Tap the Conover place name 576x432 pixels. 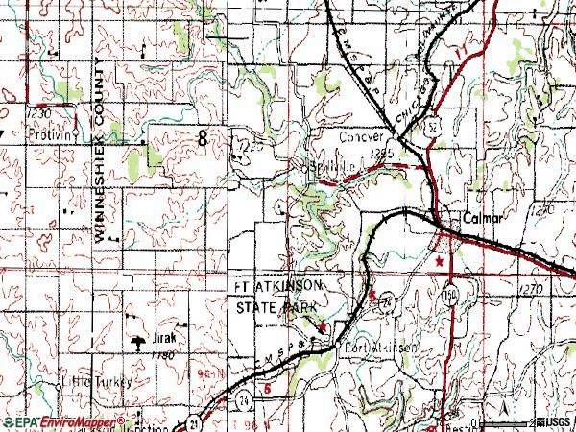(x=360, y=137)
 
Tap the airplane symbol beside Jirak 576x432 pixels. (x=139, y=341)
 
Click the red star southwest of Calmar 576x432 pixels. (x=441, y=260)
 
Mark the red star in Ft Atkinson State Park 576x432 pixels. (x=324, y=327)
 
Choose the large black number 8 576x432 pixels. (x=202, y=139)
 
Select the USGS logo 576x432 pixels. (x=556, y=422)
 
